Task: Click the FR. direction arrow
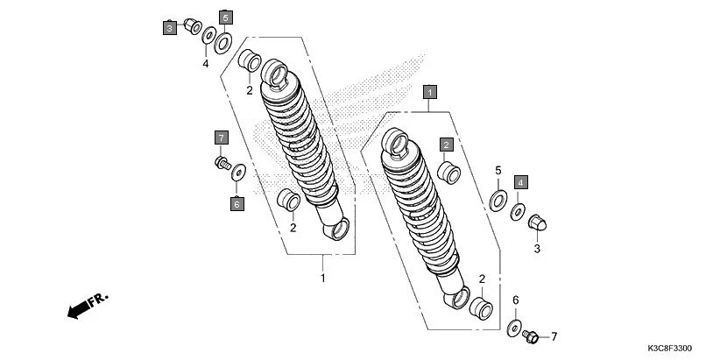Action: tap(86, 305)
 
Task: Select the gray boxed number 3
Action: tap(168, 28)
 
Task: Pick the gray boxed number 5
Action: tap(225, 18)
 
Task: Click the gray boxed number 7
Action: tap(221, 138)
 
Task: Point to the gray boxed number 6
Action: tap(236, 204)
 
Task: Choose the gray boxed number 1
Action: tap(430, 90)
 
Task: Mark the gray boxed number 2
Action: tap(446, 145)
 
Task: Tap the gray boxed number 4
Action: tap(520, 182)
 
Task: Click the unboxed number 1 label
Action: tap(322, 279)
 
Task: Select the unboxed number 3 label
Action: tap(537, 249)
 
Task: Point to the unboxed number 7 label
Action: tap(554, 335)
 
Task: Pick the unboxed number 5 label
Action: tap(498, 170)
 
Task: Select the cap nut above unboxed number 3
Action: tap(537, 222)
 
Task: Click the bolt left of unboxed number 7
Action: tap(530, 335)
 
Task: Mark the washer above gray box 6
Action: tap(237, 173)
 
